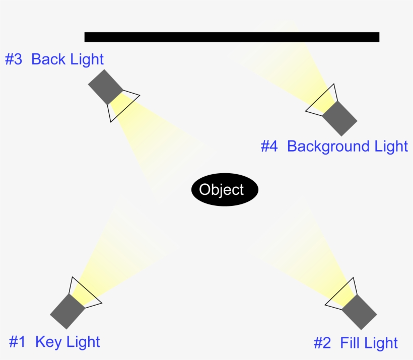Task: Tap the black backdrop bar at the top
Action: tap(232, 37)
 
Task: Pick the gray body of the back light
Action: tap(105, 86)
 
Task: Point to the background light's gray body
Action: tap(339, 118)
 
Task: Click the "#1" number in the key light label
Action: tap(17, 342)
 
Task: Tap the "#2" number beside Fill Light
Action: tap(322, 343)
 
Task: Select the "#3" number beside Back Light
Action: tap(14, 59)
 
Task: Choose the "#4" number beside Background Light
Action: tap(269, 147)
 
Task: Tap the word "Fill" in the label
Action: tap(350, 343)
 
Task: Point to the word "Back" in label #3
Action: tap(48, 59)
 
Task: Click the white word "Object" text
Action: tap(222, 190)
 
